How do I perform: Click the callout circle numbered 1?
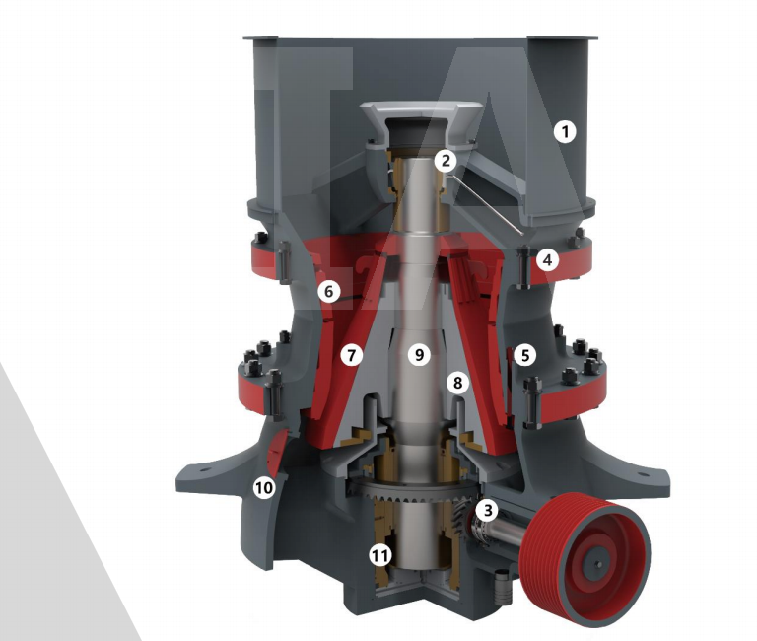tap(565, 131)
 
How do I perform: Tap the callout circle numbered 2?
tap(446, 161)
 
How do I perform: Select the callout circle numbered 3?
tap(487, 510)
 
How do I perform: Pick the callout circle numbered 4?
tap(547, 260)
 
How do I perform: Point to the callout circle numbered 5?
tap(525, 356)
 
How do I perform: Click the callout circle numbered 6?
tap(329, 291)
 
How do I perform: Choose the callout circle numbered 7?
tap(352, 356)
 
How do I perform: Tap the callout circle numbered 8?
tap(457, 383)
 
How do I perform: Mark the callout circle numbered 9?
tap(419, 355)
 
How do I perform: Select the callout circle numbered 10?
tap(263, 488)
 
